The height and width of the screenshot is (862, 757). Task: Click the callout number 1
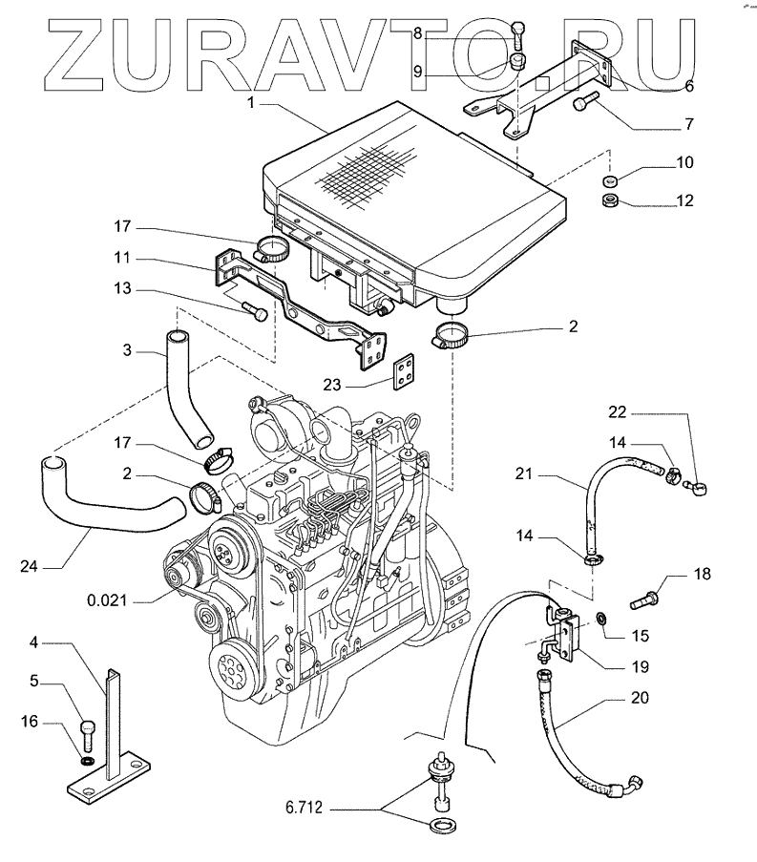[250, 102]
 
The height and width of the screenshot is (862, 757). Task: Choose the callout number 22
[619, 411]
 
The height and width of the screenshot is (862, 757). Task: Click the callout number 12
[685, 200]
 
